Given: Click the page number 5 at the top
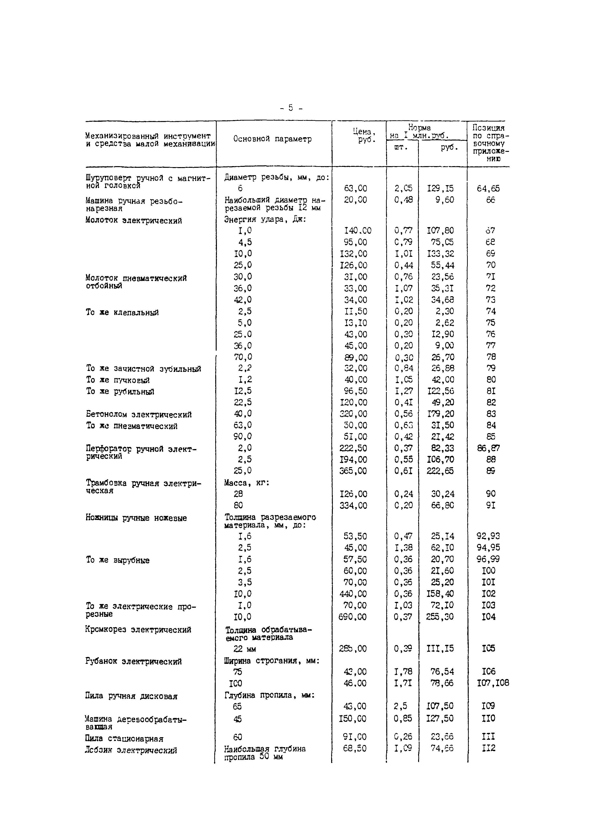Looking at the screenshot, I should coord(291,108).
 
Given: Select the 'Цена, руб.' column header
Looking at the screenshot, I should coord(363,136).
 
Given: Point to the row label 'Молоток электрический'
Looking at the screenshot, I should coord(134,221).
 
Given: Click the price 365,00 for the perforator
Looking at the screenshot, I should coord(353,471).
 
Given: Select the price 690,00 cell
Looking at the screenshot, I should coord(353,617).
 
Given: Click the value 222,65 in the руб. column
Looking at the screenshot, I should coord(440,471).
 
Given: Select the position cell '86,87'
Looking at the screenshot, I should coord(488,448).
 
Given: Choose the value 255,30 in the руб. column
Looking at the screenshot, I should coord(440,617).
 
